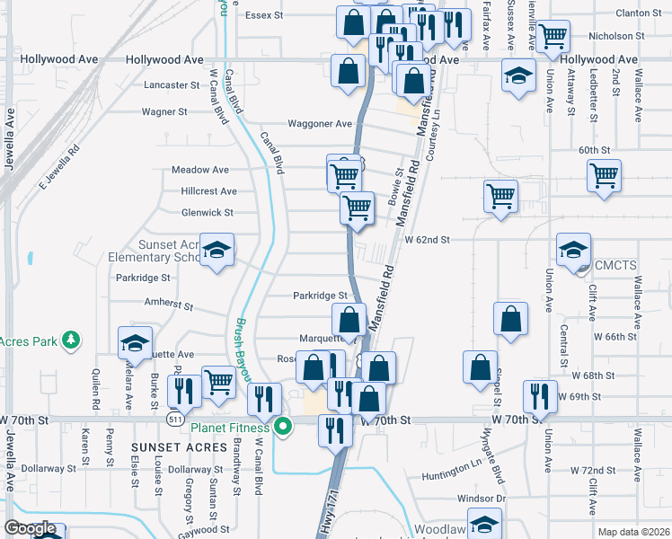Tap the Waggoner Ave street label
click(x=320, y=124)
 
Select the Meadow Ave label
click(x=200, y=169)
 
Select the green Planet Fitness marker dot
click(x=284, y=427)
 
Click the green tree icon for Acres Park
click(x=68, y=340)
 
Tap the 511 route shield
click(x=176, y=420)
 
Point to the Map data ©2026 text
click(x=633, y=532)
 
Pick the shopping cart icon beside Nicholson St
click(x=553, y=37)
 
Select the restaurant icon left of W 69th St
click(x=539, y=395)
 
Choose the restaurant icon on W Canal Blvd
click(x=262, y=397)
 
